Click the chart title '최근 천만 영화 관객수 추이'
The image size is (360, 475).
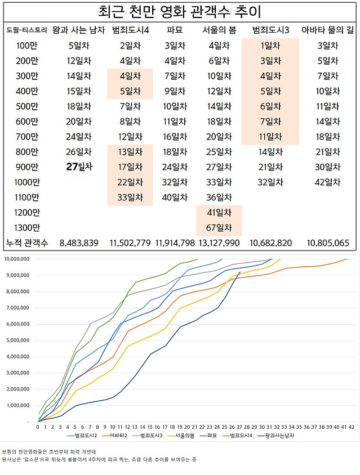(x=180, y=12)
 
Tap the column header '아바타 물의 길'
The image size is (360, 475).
(x=329, y=30)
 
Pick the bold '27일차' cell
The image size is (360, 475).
(x=79, y=167)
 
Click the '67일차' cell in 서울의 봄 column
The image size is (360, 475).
(x=219, y=228)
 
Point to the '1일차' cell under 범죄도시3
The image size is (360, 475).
(x=269, y=46)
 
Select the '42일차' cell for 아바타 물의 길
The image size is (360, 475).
(x=329, y=182)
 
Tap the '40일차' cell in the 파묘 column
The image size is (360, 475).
(x=174, y=197)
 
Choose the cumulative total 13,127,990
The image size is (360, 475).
(x=219, y=243)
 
